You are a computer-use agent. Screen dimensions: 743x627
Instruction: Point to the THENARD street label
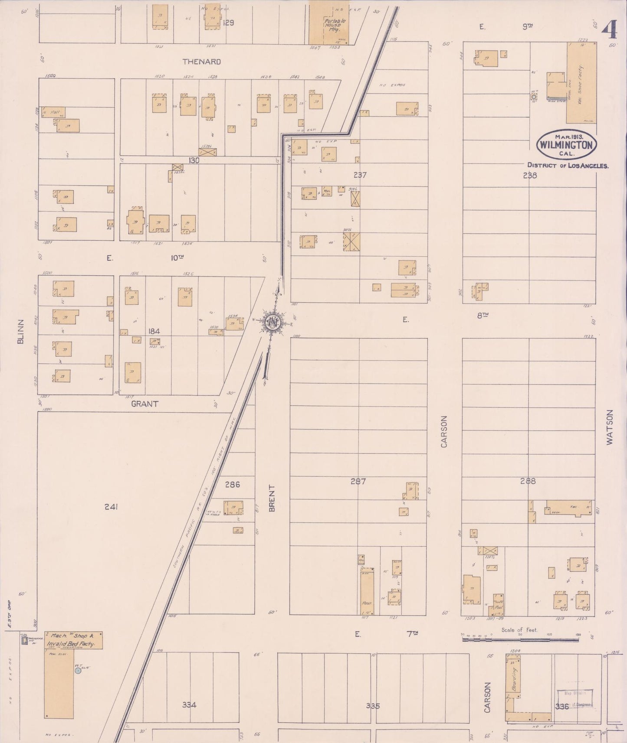pos(201,62)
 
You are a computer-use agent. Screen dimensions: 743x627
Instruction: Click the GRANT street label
pos(144,404)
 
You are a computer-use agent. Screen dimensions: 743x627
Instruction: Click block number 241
pos(111,506)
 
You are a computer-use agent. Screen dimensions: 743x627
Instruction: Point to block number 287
pos(358,481)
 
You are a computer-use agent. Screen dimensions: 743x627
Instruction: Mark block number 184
pos(154,331)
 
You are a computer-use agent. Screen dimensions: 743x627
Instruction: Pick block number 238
pos(530,176)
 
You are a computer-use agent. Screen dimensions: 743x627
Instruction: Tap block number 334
pos(189,705)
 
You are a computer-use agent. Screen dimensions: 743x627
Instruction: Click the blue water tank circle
pos(78,671)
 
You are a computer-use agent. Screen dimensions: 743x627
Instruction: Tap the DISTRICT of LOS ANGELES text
pos(568,165)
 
